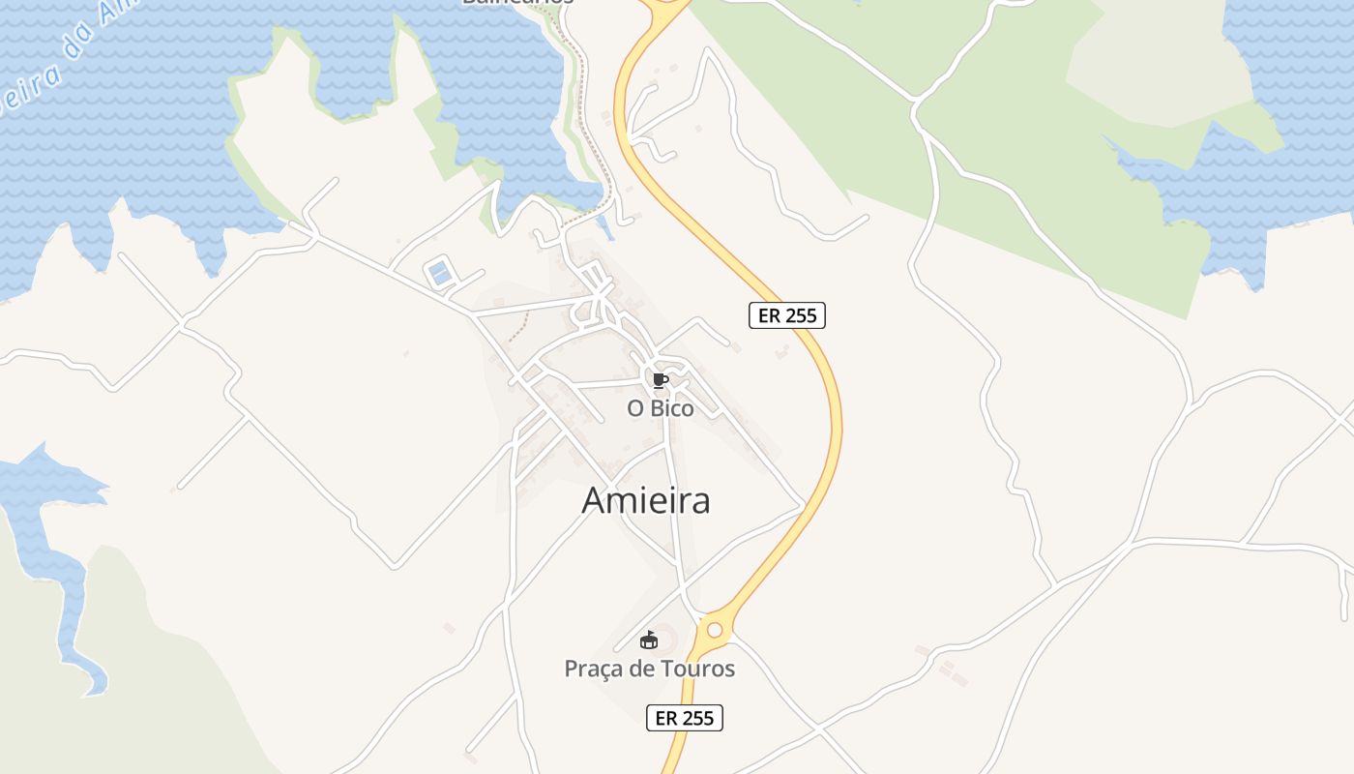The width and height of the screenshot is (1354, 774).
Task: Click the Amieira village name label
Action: coord(646,500)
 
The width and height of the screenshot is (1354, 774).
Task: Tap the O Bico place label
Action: coord(661,408)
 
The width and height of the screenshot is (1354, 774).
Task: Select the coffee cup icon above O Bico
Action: coord(660,380)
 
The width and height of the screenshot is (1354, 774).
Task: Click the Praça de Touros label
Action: coord(649,669)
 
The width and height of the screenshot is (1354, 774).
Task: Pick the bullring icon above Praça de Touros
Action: coord(649,640)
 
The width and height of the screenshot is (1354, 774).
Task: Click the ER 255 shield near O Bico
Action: coord(786,315)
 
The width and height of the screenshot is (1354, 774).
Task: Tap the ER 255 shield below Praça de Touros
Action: coord(684,718)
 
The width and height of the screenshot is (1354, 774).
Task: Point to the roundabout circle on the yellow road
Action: coord(715,630)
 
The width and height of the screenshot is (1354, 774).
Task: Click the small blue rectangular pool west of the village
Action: coord(440,273)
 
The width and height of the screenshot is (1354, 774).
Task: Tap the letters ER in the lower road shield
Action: coord(666,718)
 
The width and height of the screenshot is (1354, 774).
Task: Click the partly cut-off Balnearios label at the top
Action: coord(517,3)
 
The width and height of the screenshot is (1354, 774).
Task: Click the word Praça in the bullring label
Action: coord(592,669)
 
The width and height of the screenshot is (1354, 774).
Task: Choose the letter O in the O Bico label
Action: coord(635,408)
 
